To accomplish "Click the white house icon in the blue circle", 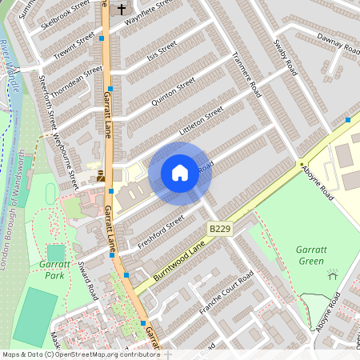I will point(180,172).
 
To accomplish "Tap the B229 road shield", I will point(219,230).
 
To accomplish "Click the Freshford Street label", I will point(162,230).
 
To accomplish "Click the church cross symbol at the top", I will point(122,9).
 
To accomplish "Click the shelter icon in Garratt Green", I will point(333,274).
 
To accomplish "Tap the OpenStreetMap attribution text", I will point(80,354).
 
